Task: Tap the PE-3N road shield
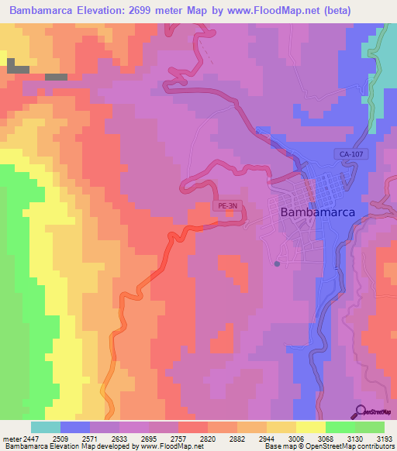226,206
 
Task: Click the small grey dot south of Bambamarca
277,264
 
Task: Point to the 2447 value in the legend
32,438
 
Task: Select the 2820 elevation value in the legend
208,438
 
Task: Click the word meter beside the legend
11,438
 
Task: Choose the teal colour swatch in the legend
46,427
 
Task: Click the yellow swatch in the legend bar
310,427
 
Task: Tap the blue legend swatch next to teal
75,427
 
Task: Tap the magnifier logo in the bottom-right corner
375,412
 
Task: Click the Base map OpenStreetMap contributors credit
340,446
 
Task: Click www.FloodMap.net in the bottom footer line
165,446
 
